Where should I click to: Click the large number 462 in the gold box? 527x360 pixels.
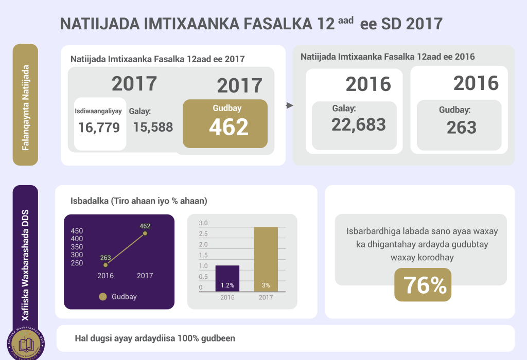point(229,127)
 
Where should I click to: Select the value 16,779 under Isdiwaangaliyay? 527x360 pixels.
point(99,127)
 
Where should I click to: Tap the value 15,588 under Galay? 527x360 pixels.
point(153,127)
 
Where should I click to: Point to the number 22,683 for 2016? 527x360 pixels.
point(359,124)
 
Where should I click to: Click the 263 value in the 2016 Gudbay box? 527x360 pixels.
point(462,127)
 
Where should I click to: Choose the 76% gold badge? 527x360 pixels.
point(423,285)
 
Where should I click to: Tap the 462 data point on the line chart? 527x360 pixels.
point(145,233)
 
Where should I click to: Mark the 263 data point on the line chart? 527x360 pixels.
point(106,265)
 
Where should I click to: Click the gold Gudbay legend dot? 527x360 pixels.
point(103,297)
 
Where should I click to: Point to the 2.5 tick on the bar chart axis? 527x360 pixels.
point(203,234)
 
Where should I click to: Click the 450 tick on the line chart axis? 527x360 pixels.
point(77,230)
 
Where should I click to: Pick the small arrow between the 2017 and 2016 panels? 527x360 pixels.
point(289,105)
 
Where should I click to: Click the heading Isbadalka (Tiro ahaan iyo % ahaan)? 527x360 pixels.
point(138,201)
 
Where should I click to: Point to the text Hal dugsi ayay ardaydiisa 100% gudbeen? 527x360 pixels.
point(155,338)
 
